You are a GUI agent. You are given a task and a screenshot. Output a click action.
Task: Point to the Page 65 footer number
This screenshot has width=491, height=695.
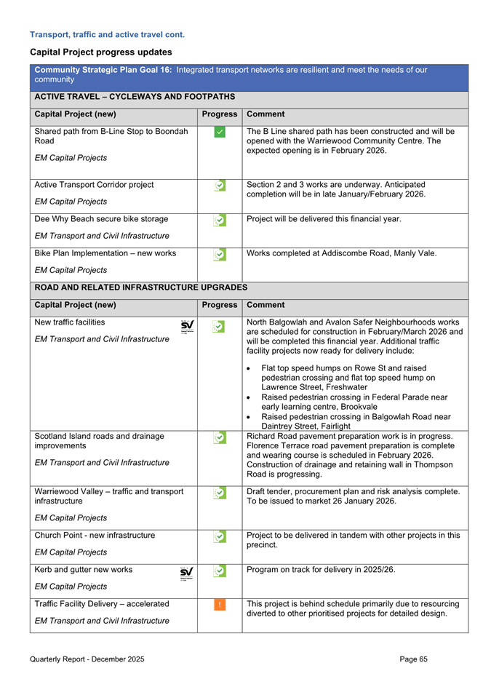[413, 659]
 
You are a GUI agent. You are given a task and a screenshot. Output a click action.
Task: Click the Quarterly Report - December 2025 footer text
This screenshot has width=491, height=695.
[87, 659]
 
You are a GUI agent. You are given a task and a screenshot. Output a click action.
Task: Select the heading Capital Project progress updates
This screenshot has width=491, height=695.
[100, 52]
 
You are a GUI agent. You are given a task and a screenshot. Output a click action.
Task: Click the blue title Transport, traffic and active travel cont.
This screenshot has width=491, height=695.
[107, 33]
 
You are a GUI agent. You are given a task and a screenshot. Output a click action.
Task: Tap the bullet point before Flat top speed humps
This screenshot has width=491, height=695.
[250, 368]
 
